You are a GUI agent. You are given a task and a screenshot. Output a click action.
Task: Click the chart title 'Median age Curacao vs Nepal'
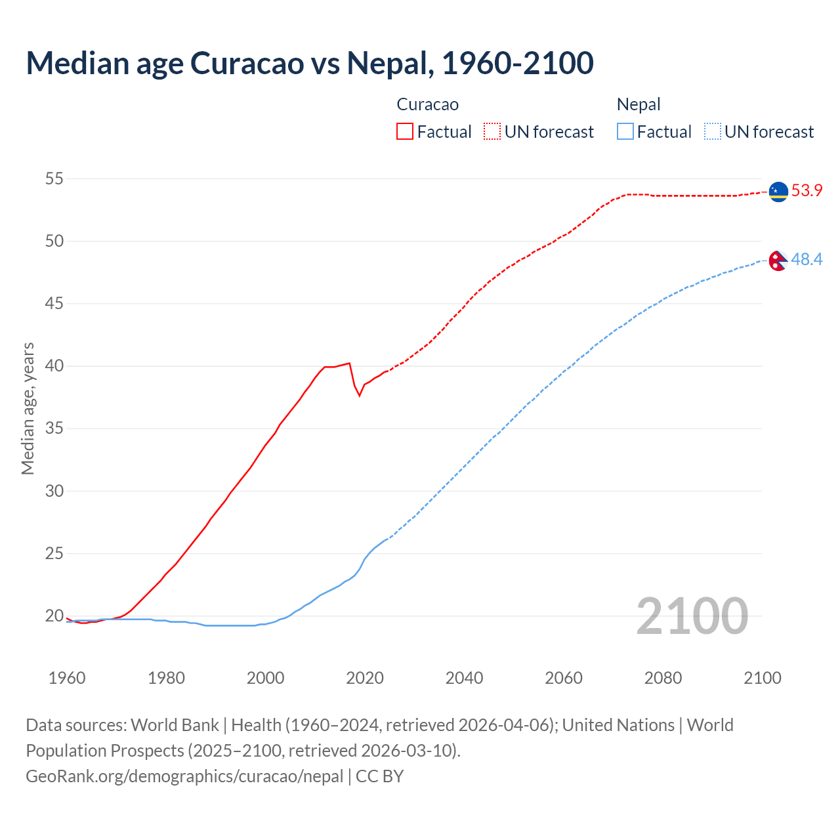309,63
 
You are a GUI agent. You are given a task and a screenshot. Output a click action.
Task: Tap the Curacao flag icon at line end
778,191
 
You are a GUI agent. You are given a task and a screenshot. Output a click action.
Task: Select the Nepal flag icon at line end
778,261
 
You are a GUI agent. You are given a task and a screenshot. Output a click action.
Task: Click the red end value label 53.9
807,191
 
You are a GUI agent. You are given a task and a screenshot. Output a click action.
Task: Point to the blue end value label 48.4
807,260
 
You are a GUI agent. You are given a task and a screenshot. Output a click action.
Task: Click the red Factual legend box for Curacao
405,132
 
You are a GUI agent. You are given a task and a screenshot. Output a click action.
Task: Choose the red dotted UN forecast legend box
492,132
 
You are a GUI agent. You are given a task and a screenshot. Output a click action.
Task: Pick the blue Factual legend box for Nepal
625,132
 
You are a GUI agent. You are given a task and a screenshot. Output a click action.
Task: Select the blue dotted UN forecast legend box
712,132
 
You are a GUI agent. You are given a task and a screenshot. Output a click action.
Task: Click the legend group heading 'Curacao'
427,104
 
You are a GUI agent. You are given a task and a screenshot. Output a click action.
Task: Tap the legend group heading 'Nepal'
638,104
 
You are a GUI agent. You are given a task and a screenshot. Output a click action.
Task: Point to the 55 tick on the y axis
54,178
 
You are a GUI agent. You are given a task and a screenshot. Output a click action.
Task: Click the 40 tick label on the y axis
54,366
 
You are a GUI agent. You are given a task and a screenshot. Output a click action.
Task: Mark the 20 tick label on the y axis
54,616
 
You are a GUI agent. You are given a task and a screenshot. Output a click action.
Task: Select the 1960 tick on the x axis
67,678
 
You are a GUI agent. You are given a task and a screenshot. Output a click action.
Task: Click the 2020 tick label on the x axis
365,678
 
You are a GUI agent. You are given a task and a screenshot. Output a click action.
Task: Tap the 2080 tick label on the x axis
663,678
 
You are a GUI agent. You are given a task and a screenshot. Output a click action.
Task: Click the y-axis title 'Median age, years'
28,408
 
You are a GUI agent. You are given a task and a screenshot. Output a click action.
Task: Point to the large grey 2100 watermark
692,616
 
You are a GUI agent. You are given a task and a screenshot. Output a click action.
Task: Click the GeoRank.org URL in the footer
184,776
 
